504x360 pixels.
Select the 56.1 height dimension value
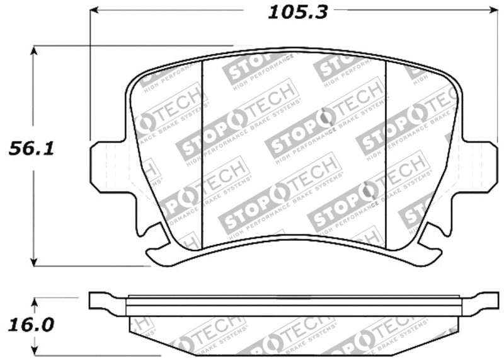coord(30,149)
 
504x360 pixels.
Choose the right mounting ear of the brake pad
coord(480,166)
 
